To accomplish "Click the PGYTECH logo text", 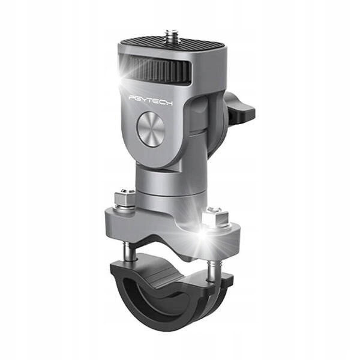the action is coord(151,100).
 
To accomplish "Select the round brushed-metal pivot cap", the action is coord(151,129).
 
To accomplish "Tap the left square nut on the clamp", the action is coord(125,197).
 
